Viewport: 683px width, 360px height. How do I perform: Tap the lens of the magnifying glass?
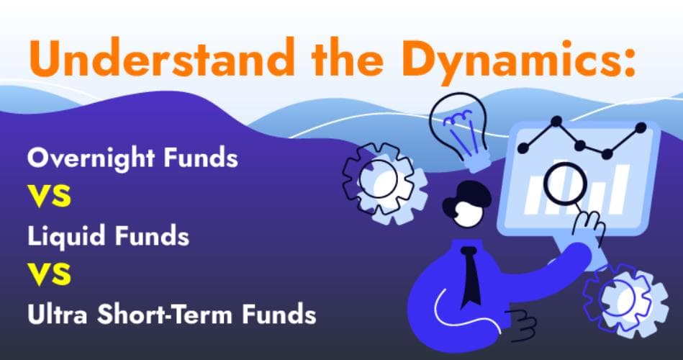click(565, 185)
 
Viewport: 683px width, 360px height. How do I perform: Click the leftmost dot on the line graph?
click(523, 148)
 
